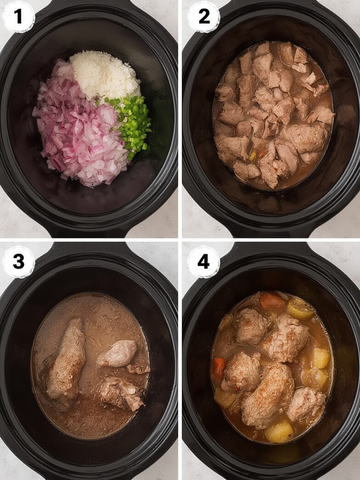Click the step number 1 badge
point(18,17)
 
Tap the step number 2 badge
point(204,17)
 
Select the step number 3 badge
point(18,262)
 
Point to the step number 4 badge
point(204,262)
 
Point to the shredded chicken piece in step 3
point(121,393)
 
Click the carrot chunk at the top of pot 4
point(272,301)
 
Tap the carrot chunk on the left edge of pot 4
point(218,368)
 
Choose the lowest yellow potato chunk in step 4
point(279,431)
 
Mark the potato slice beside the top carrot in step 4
point(300,308)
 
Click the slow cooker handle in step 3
point(89,248)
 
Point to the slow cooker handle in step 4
point(272,248)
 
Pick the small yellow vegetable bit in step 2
point(254,155)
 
